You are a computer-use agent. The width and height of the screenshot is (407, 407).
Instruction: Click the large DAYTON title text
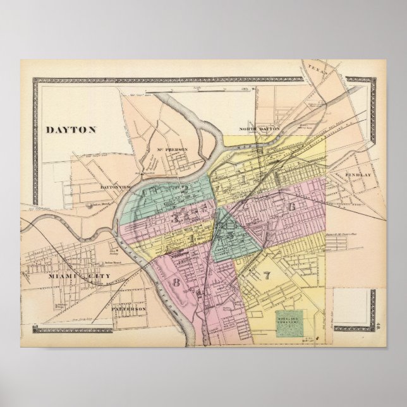[71, 130]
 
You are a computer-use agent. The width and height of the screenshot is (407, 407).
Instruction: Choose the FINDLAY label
[358, 173]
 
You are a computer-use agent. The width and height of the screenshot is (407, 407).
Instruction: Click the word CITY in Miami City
[100, 277]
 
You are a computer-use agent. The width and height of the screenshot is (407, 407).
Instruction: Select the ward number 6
[291, 207]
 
